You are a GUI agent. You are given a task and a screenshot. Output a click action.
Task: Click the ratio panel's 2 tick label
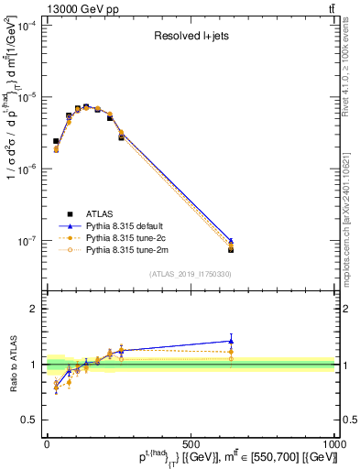tap(35, 309)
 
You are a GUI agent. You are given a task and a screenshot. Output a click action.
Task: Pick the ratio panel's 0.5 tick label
tap(31, 420)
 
